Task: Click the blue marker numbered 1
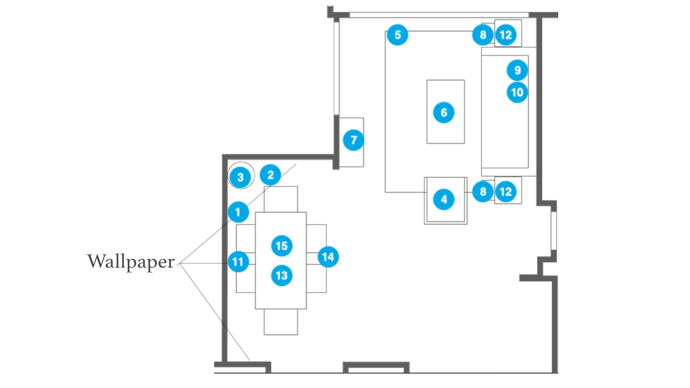[x=238, y=212]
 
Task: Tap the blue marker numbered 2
[x=270, y=175]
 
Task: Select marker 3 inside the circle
[x=240, y=177]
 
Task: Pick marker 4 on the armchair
[x=444, y=199]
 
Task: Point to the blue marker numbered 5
[x=397, y=35]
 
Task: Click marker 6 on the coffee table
[x=444, y=112]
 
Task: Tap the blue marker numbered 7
[x=353, y=140]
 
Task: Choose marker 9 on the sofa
[x=517, y=70]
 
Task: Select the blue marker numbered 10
[x=517, y=92]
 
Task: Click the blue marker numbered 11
[x=238, y=261]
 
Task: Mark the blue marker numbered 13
[x=282, y=275]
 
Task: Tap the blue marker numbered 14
[x=328, y=257]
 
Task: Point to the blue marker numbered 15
[x=282, y=246]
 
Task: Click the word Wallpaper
[x=131, y=262]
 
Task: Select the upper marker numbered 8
[x=483, y=35]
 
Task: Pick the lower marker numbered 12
[x=506, y=191]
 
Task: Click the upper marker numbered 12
[x=506, y=35]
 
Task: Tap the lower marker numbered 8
[x=483, y=191]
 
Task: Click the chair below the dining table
[x=281, y=322]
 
